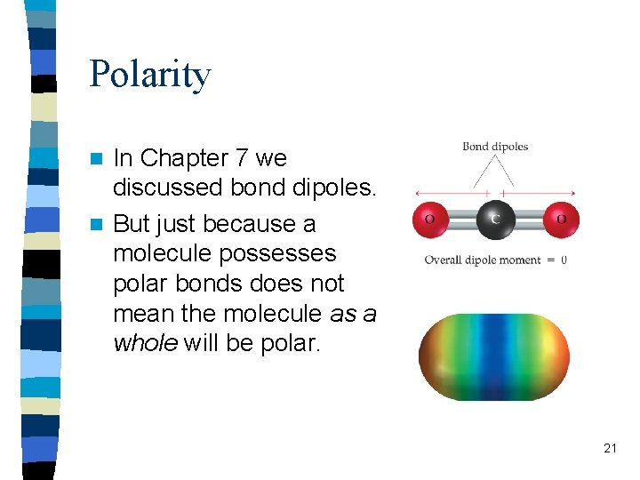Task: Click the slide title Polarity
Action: pyautogui.click(x=149, y=74)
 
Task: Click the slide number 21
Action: pyautogui.click(x=610, y=448)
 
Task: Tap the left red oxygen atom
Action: pyautogui.click(x=429, y=219)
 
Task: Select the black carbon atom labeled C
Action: pyautogui.click(x=495, y=219)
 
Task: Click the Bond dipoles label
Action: pyautogui.click(x=495, y=147)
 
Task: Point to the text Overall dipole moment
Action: pyautogui.click(x=482, y=260)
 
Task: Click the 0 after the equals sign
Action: pyautogui.click(x=564, y=260)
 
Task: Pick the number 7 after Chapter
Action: pyautogui.click(x=242, y=158)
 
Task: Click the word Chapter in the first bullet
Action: pyautogui.click(x=184, y=158)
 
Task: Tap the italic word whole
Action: pyautogui.click(x=145, y=344)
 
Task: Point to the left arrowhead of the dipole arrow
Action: pyautogui.click(x=418, y=192)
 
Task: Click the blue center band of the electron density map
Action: pyautogui.click(x=495, y=356)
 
